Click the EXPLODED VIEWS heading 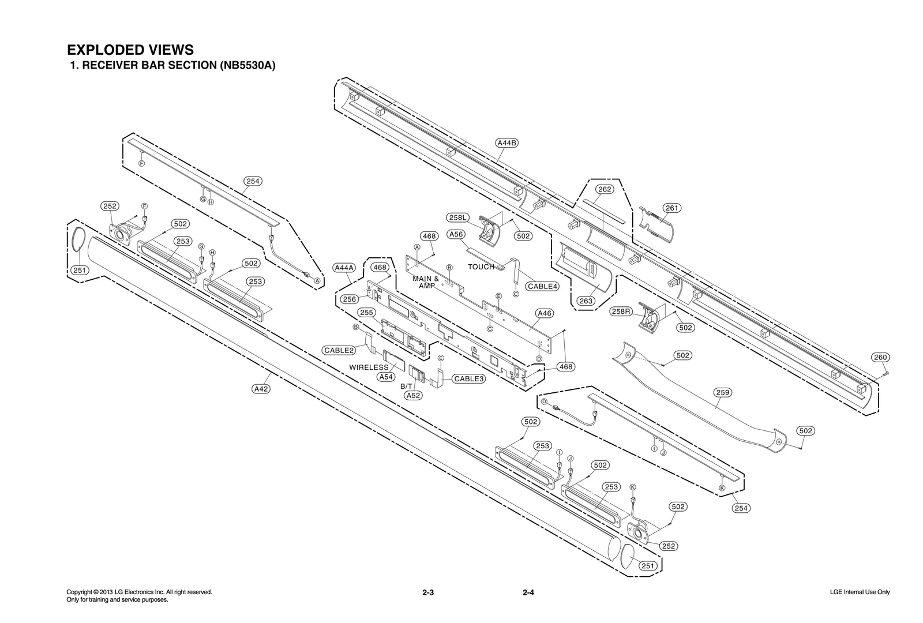pos(130,50)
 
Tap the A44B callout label pos(506,142)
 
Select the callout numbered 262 pos(605,189)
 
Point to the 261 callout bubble pos(671,208)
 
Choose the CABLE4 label pos(542,286)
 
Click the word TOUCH pos(481,267)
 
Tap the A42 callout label pos(261,389)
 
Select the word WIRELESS pos(369,367)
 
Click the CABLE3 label pos(468,378)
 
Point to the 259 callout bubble pos(722,392)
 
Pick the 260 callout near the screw pos(880,357)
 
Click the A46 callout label pos(544,313)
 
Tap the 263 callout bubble pos(586,301)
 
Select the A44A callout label pos(344,267)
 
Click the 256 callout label pos(349,299)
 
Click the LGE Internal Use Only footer pos(859,592)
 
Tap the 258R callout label pos(621,311)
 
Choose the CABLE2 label pos(339,350)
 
